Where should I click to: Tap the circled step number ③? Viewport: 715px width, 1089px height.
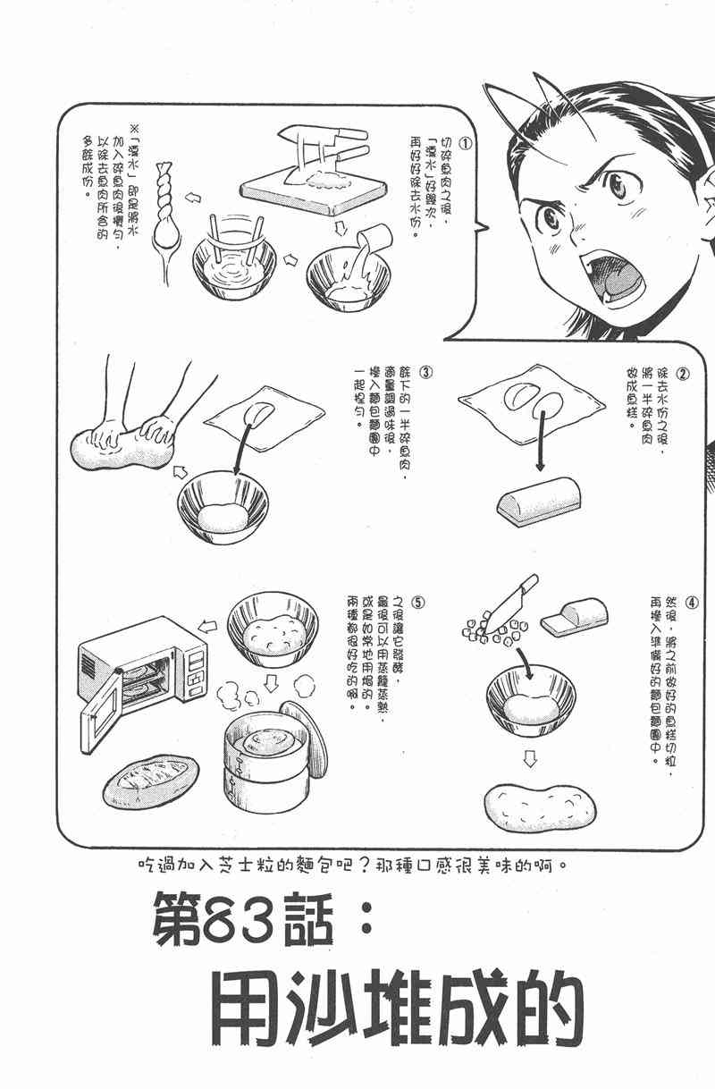pos(427,370)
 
